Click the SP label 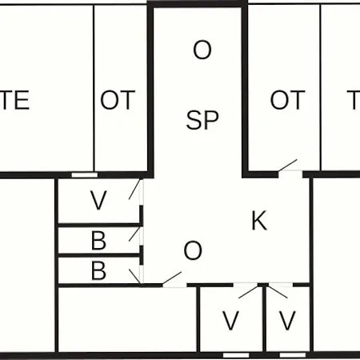coord(202,120)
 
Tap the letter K coord(259,220)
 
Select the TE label coord(14,100)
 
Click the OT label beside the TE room coord(118,100)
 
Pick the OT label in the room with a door coord(287,100)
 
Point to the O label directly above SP coord(202,50)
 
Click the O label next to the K coord(193,250)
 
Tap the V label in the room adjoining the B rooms coord(98,200)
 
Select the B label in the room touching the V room coord(98,241)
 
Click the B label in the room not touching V coord(98,270)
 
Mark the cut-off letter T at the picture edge coord(354,100)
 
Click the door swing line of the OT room coord(287,166)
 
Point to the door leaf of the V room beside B coord(134,190)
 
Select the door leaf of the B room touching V coord(134,234)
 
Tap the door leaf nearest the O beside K coord(172,278)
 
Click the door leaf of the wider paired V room coord(248,291)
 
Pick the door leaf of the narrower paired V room coord(278,292)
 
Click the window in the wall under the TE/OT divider coord(85,175)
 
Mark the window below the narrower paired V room coord(293,355)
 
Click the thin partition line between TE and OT coord(94,88)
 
